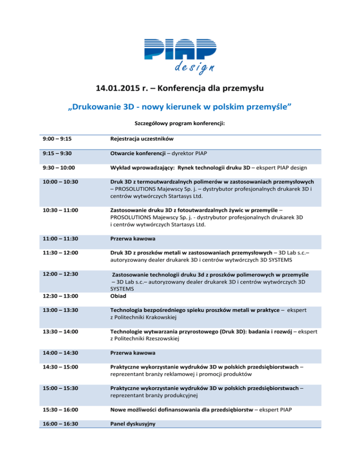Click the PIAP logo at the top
click(180, 49)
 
